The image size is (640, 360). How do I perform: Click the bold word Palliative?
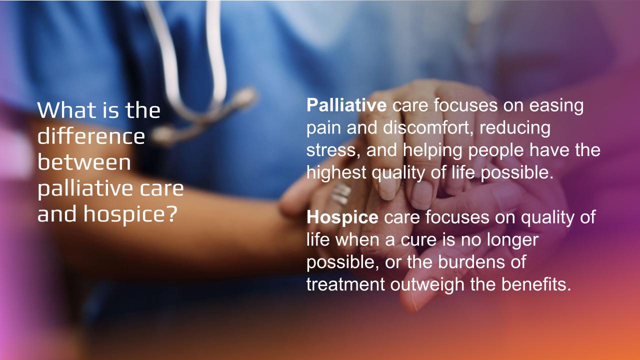(x=346, y=105)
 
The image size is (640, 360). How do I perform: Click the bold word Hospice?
(x=342, y=217)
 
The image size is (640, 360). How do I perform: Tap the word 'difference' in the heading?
(x=91, y=136)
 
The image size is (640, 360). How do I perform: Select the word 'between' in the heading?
(x=84, y=162)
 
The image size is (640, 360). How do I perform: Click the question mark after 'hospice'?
(x=171, y=213)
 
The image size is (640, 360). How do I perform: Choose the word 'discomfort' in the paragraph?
(x=426, y=127)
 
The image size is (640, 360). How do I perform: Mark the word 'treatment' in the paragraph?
(x=345, y=284)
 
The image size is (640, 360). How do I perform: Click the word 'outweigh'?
(x=427, y=285)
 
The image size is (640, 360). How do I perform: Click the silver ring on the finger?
(x=341, y=193)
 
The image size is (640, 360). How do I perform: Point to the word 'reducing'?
(x=515, y=128)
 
